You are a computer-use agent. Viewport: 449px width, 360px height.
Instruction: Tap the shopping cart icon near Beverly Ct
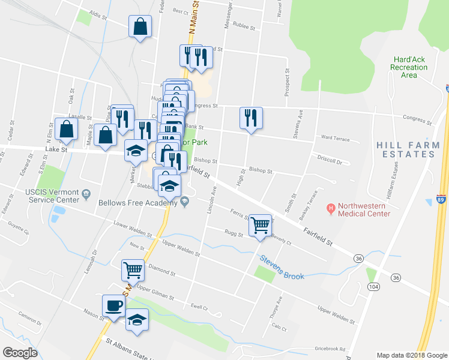pos(260,226)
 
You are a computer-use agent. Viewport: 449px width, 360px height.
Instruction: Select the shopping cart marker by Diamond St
pos(133,270)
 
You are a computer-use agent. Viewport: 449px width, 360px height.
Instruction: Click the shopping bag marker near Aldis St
pos(140,26)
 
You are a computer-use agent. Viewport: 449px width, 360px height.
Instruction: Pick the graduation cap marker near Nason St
pos(137,320)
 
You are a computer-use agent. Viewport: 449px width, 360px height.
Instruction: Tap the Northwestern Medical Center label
pos(364,209)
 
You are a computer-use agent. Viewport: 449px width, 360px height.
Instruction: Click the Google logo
pos(20,353)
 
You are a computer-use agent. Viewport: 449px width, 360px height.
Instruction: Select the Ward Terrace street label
pos(335,138)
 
